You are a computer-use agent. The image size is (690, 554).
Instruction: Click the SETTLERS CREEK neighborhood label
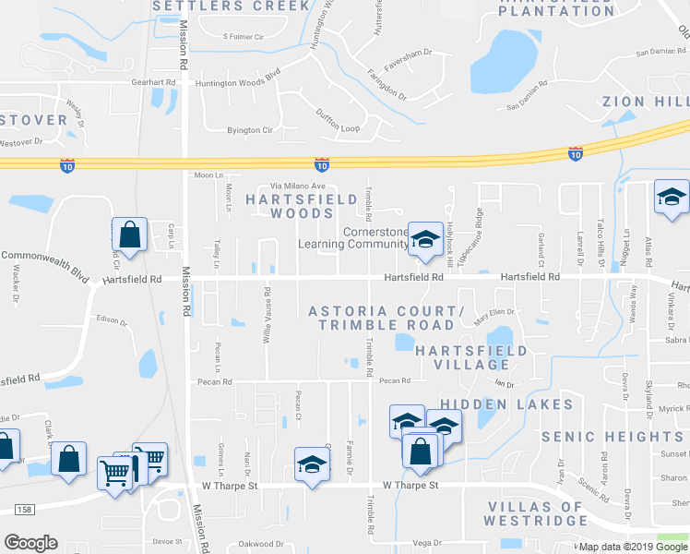tap(231, 6)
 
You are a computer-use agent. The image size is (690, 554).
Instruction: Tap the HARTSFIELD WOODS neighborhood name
tap(289, 205)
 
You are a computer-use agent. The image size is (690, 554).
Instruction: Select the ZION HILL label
tap(646, 101)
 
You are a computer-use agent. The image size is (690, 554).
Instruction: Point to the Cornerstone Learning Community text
tap(351, 238)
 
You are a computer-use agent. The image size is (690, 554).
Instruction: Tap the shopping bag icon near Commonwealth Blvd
tap(130, 236)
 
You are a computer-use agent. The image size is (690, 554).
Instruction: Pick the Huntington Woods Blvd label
tap(237, 83)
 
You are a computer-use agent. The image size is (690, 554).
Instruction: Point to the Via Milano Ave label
tap(298, 186)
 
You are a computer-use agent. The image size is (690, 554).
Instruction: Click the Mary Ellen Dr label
tap(494, 315)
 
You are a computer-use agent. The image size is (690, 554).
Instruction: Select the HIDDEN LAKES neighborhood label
tap(506, 404)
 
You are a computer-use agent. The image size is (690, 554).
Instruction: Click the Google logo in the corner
tap(30, 543)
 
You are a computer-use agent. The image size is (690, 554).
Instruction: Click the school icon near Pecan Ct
tap(312, 464)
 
